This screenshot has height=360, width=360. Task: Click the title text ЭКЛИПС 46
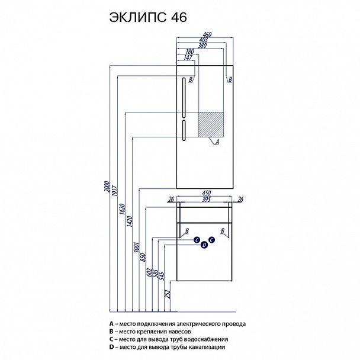147,18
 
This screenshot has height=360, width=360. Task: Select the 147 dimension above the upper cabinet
188,57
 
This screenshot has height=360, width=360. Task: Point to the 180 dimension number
189,51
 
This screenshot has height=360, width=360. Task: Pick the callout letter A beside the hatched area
217,142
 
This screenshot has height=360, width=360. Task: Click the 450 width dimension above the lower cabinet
207,193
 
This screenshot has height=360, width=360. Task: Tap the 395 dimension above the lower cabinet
207,200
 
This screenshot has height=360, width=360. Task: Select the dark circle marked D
204,245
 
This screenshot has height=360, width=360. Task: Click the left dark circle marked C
196,240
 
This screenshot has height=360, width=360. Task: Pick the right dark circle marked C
211,240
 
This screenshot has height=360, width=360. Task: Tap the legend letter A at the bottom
111,324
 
